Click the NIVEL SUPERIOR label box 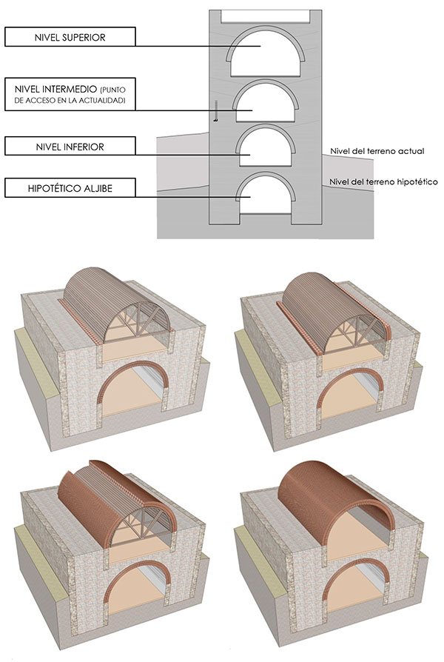click(70, 37)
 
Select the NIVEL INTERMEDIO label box click(70, 94)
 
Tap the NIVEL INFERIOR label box click(70, 146)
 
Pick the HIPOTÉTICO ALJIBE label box click(70, 187)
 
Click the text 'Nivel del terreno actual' click(377, 151)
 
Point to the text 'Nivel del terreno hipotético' click(383, 181)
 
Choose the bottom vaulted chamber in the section click(266, 195)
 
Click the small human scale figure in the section click(215, 110)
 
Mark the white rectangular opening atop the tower click(266, 16)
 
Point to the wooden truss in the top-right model click(354, 331)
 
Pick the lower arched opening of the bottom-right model click(355, 585)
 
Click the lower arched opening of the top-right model click(350, 395)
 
